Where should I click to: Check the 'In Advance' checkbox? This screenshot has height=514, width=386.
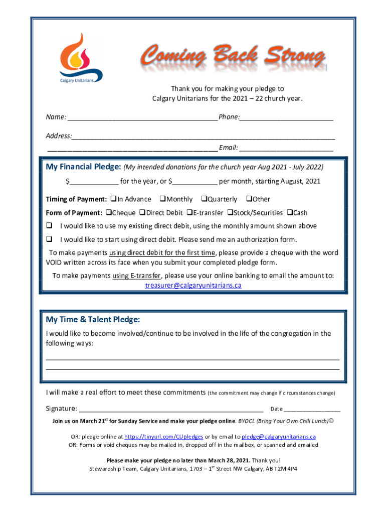[113, 199]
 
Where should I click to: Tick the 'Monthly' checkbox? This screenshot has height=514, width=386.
[162, 199]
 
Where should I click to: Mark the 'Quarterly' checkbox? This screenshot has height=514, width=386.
[204, 199]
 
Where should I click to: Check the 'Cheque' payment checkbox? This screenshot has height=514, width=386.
[108, 213]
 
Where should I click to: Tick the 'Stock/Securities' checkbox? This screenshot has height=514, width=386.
[230, 213]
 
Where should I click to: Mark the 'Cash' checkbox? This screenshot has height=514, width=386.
[289, 213]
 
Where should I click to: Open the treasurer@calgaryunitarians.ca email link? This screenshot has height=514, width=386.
[193, 286]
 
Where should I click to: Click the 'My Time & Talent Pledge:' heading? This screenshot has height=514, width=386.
[93, 320]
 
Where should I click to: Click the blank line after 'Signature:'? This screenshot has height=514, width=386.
[171, 409]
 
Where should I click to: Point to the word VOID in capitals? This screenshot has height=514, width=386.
[56, 263]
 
